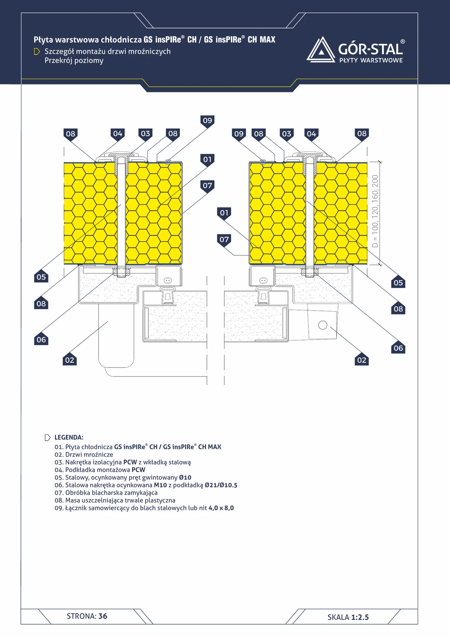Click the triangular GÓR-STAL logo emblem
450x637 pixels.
(321, 50)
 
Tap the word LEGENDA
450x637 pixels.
(69, 438)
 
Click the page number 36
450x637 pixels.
(103, 616)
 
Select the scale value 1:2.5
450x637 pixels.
(360, 617)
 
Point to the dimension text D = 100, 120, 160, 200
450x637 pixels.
(375, 211)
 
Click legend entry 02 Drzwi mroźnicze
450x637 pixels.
(84, 454)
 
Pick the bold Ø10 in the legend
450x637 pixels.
(185, 477)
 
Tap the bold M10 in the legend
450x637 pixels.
(160, 485)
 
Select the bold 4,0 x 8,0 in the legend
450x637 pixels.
(221, 508)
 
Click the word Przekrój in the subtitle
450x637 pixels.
(58, 61)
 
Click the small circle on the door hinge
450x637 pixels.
(323, 325)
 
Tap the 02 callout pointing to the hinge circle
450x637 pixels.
(362, 360)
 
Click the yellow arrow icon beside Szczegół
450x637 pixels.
(37, 51)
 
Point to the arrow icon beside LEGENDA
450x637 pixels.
(48, 438)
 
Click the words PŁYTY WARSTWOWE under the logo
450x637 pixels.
(371, 60)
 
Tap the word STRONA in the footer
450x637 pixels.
(81, 616)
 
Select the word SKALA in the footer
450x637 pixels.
(338, 617)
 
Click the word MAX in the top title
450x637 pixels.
(267, 39)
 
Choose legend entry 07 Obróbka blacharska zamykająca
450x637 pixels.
(106, 493)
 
